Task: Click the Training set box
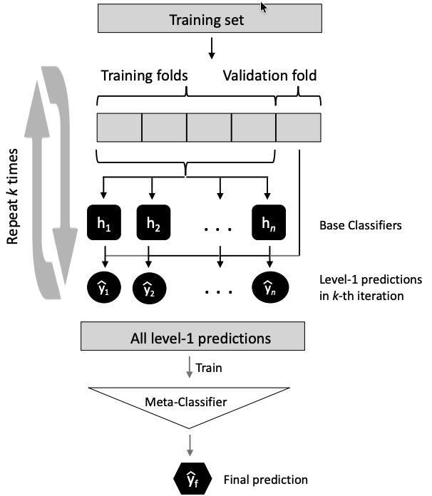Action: pyautogui.click(x=207, y=20)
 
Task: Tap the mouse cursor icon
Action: pyautogui.click(x=264, y=7)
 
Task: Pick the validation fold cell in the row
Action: pyautogui.click(x=298, y=128)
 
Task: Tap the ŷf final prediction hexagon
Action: pyautogui.click(x=189, y=479)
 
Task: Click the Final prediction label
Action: pyautogui.click(x=266, y=480)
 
